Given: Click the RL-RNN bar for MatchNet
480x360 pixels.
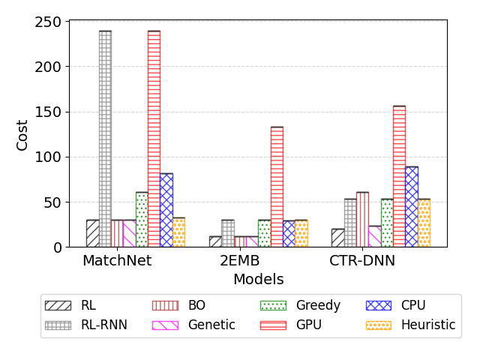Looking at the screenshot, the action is (x=105, y=139).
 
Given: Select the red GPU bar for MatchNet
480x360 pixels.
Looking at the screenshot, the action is (x=154, y=139).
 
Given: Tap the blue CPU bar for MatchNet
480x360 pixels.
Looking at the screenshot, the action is (x=166, y=210).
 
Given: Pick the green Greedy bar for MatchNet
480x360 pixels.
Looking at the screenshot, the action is (x=142, y=220).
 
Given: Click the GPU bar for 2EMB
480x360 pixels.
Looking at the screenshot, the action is (x=277, y=187).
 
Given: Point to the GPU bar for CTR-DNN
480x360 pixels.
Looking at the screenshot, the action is (x=400, y=176).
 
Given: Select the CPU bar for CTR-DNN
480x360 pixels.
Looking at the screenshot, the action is (x=412, y=207).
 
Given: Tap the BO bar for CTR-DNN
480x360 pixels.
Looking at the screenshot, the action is (x=363, y=220).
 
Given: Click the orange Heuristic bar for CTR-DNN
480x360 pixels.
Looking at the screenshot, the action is (x=424, y=223).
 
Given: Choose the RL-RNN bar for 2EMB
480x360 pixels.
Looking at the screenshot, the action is (x=228, y=233).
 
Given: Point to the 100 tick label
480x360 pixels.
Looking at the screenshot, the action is (x=48, y=157).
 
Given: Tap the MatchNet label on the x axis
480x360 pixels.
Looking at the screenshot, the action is (x=117, y=261).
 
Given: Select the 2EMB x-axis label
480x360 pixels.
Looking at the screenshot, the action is (x=240, y=261).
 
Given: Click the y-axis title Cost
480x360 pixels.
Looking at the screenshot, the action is (x=22, y=135).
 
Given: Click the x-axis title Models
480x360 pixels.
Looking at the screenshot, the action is (x=259, y=279).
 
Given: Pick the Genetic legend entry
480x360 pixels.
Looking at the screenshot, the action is (x=193, y=325).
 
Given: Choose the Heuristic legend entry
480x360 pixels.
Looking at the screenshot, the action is (x=410, y=325).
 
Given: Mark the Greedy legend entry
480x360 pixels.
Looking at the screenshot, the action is (x=300, y=305).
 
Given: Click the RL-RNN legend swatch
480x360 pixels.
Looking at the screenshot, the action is (x=58, y=325).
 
